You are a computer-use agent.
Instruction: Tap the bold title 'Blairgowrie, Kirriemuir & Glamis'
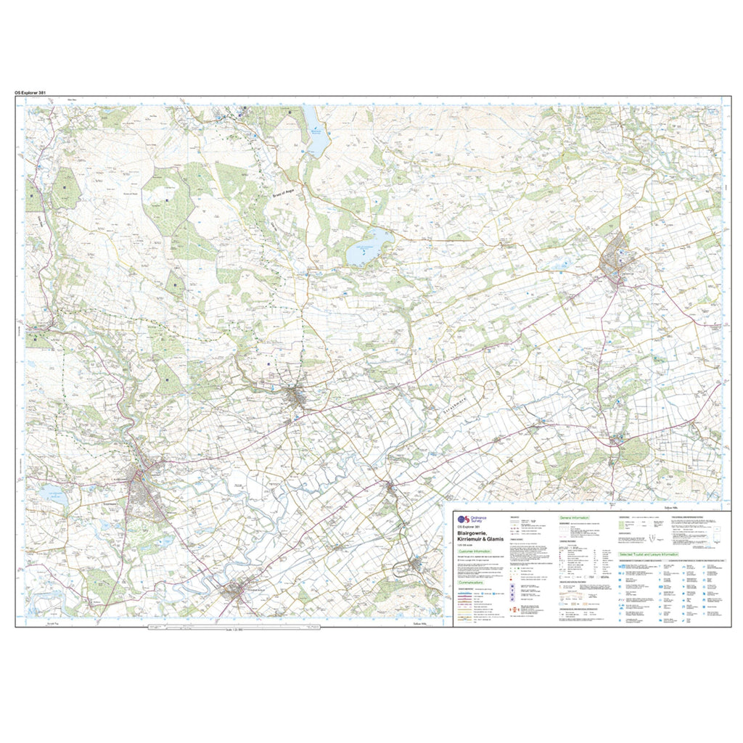coord(480,535)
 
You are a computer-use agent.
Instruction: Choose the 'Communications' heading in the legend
coord(472,583)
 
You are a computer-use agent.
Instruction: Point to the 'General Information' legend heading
coord(575,517)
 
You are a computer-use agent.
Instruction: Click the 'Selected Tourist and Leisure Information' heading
coord(653,554)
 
